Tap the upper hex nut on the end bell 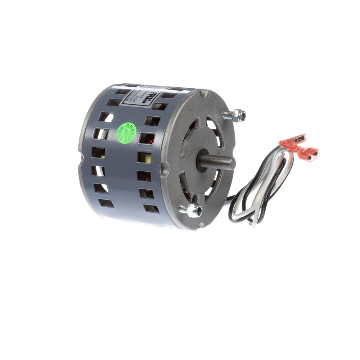click(238, 115)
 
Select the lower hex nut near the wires click(195, 210)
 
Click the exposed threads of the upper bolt click(228, 114)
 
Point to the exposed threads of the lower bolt click(183, 208)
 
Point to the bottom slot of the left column click(106, 203)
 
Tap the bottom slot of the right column click(151, 208)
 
